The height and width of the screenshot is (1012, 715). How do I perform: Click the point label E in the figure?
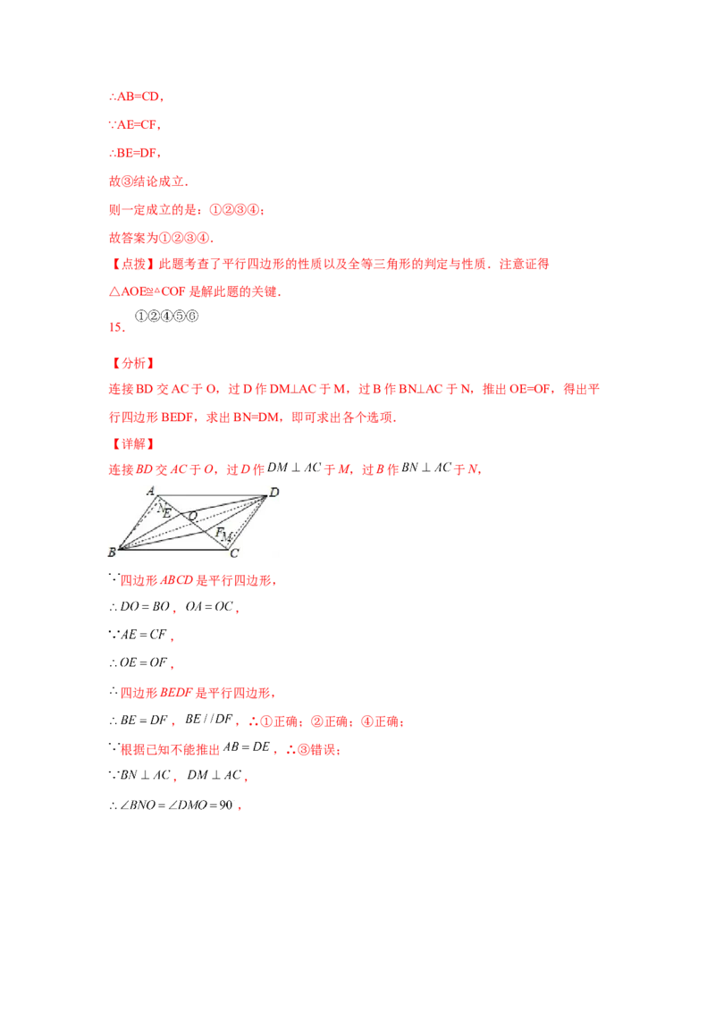[166, 513]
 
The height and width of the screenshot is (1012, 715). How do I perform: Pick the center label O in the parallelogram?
[191, 515]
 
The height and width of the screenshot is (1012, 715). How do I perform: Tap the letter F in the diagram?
[217, 531]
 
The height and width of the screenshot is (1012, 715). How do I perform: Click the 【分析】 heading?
[132, 363]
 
